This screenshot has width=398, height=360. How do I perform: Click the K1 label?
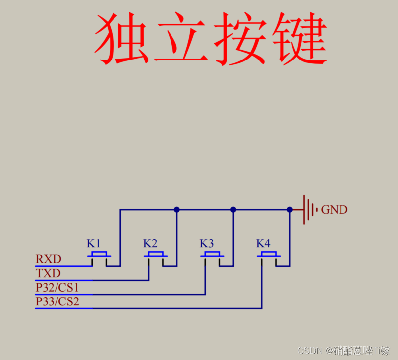94,243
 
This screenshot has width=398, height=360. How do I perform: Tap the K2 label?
150,243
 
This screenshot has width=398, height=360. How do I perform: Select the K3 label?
207,243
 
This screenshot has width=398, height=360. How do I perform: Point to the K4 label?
263,243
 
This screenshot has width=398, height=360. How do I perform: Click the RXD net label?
48,259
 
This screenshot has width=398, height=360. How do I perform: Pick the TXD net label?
48,273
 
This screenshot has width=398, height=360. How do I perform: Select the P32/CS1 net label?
57,287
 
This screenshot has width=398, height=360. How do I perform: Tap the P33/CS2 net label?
57,301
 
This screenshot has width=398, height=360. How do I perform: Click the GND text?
335,210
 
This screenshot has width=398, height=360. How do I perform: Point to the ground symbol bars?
309,209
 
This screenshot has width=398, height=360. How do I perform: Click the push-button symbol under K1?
99,255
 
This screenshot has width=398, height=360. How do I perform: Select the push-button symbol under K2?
156,255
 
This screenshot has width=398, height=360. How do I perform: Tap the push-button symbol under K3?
212,255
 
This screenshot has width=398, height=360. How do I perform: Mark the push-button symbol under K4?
269,255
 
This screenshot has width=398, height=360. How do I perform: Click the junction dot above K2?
177,209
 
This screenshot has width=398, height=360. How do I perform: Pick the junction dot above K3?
233,209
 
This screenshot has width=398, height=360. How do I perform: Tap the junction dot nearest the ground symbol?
290,209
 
